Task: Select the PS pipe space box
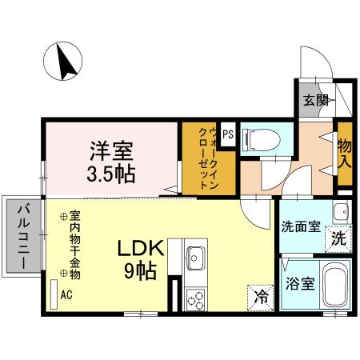pyautogui.click(x=228, y=134)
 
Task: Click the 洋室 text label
pyautogui.click(x=111, y=150)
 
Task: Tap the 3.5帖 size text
pyautogui.click(x=111, y=172)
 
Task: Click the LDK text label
pyautogui.click(x=142, y=250)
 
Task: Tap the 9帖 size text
pyautogui.click(x=142, y=271)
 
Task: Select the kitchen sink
pyautogui.click(x=196, y=259)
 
